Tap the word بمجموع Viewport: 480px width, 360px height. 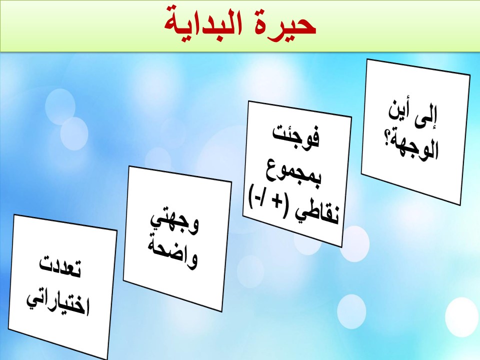coord(294,171)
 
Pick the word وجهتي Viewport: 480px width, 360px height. coord(174,221)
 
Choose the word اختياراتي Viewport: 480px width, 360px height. coord(57,303)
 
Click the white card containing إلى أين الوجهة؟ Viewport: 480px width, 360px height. coord(415,131)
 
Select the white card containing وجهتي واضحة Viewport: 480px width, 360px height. coord(177,239)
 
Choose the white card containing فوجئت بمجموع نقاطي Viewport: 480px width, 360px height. coord(297,174)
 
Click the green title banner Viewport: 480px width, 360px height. coord(240,25)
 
